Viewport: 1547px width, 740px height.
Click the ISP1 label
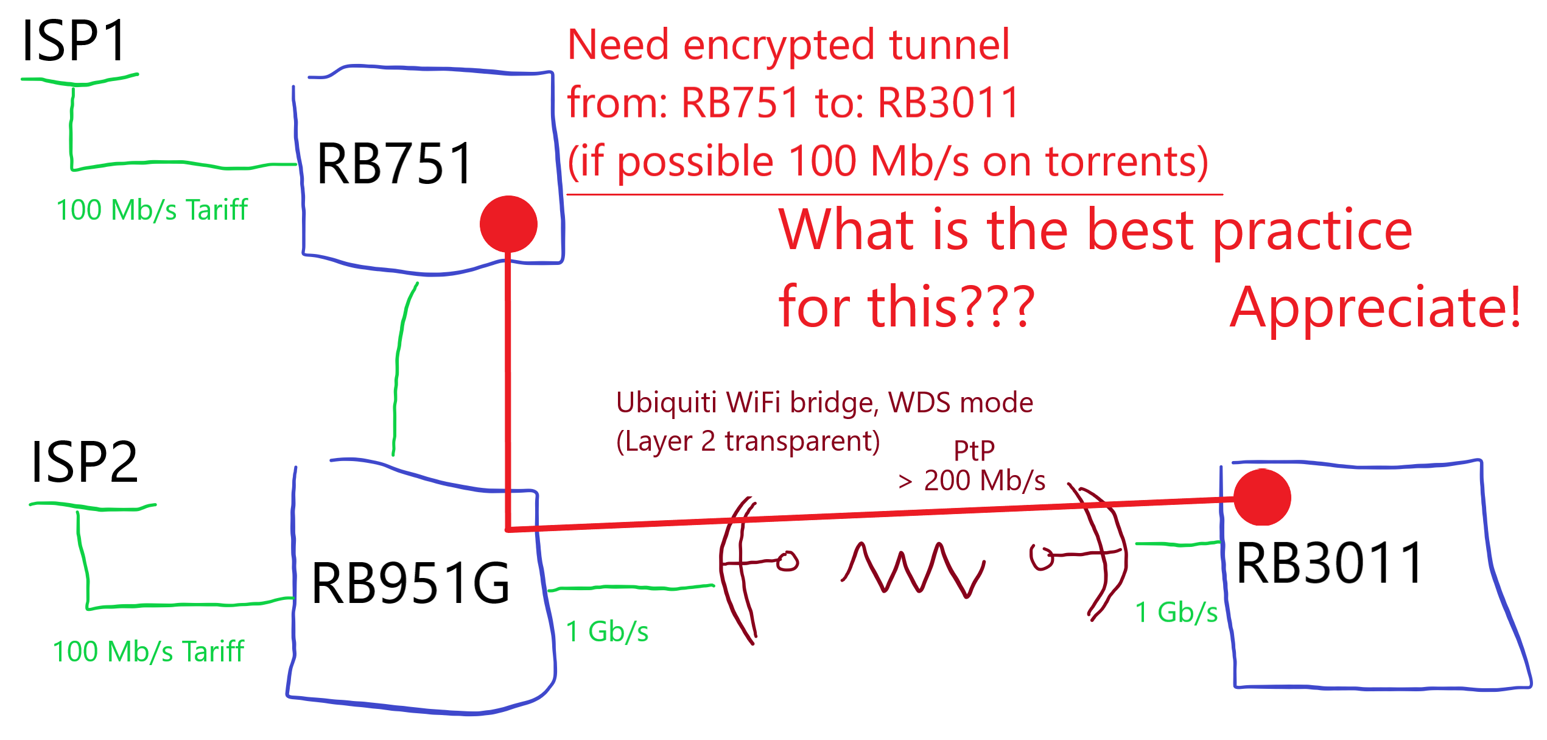pyautogui.click(x=74, y=41)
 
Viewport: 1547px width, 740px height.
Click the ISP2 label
pyautogui.click(x=85, y=462)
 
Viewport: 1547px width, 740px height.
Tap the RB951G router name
pyautogui.click(x=410, y=583)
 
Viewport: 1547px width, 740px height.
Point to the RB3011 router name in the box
pyautogui.click(x=1330, y=563)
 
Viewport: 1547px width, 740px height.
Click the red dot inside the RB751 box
pyautogui.click(x=508, y=224)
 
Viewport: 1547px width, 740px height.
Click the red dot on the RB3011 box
pyautogui.click(x=1262, y=497)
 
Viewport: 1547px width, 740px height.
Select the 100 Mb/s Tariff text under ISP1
pyautogui.click(x=152, y=210)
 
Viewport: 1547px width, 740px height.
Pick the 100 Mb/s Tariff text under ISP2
pyautogui.click(x=148, y=652)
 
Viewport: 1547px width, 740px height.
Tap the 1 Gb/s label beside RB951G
pyautogui.click(x=607, y=632)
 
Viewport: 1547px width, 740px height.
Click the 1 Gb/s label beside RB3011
pyautogui.click(x=1176, y=612)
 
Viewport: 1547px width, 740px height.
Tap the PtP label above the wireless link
pyautogui.click(x=974, y=451)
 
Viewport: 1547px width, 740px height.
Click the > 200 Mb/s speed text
pyautogui.click(x=972, y=481)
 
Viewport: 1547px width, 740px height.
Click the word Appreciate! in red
pyautogui.click(x=1375, y=309)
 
